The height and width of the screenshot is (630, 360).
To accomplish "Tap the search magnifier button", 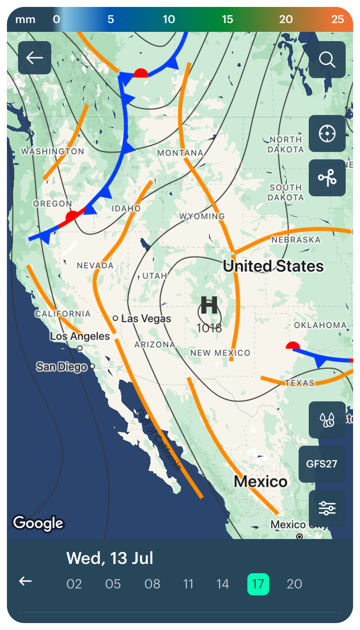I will pos(327,60).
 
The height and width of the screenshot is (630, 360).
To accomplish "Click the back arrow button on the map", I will pos(35,58).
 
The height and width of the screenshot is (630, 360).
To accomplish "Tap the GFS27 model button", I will pos(322,464).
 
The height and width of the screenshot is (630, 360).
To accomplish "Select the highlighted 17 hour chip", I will pos(258,584).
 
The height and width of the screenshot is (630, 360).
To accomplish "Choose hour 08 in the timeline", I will pos(152,584).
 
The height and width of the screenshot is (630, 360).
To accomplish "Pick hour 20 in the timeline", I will pos(294,584).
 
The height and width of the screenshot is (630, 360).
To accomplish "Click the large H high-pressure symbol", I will pos(209,306).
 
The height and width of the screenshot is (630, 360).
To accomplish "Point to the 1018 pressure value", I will pos(209,328).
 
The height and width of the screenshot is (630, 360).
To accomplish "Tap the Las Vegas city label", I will pos(146,319).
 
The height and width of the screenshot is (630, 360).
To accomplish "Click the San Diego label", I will pos(61,367).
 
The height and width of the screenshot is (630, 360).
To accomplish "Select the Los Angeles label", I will pos(80,336).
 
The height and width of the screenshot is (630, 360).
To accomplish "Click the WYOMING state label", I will pos(202,216).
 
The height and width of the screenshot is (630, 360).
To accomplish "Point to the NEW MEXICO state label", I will pos(220,353).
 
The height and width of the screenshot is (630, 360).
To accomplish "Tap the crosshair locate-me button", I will pos(327,133).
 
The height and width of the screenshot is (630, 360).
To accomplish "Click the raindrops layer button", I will pos(327,420).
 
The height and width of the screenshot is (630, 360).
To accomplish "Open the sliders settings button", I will pos(327,508).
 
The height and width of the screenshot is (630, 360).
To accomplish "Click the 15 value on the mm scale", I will pos(227,19).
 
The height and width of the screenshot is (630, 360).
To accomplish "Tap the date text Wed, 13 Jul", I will pos(109,558).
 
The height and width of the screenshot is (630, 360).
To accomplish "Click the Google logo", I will pos(38,523).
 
